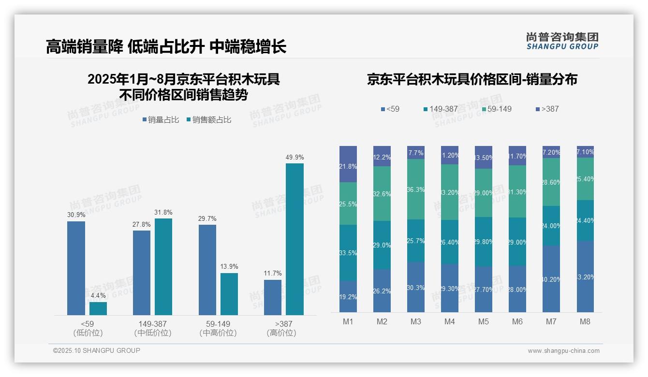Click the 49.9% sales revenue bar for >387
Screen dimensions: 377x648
(x=295, y=239)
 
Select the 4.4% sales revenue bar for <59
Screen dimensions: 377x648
(x=98, y=308)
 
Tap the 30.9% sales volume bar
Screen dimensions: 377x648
(x=76, y=268)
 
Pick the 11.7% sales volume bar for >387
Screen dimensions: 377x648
(x=273, y=297)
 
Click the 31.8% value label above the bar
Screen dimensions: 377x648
(x=163, y=212)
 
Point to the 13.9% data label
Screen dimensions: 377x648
(x=229, y=267)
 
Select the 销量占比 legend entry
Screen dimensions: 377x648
(x=162, y=120)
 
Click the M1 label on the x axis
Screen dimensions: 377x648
(x=348, y=322)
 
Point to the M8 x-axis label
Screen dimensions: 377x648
(x=585, y=322)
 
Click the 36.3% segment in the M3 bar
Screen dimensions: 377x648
(x=416, y=189)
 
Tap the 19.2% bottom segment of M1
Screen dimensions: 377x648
(x=348, y=297)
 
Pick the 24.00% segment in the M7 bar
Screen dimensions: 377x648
(x=551, y=226)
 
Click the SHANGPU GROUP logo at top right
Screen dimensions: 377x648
(x=562, y=41)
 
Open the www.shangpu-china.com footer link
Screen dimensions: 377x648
(x=563, y=351)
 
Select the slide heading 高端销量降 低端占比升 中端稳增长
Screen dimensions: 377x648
(x=166, y=46)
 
